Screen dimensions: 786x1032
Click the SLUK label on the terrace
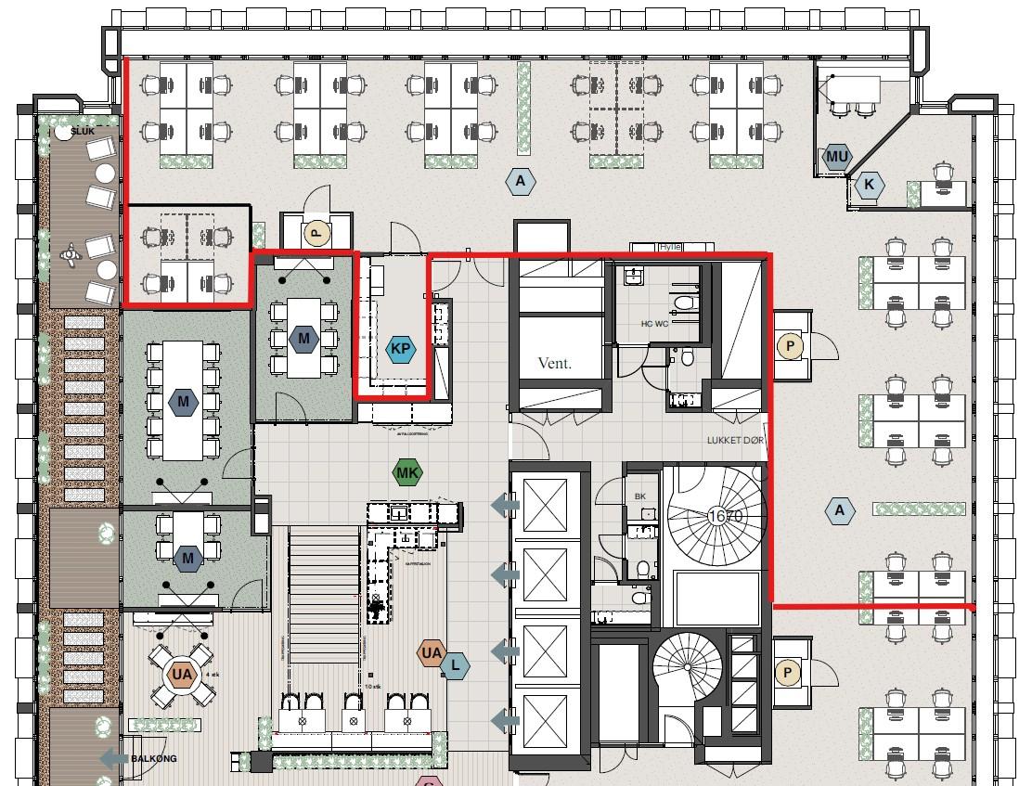tap(84, 131)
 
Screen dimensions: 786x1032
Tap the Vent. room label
tap(555, 364)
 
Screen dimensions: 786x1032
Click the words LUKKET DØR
tap(737, 441)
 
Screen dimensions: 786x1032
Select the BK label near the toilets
tap(640, 497)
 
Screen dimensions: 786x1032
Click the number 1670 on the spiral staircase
tap(726, 516)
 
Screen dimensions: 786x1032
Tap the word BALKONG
tap(153, 758)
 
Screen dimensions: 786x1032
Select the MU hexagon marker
tap(837, 157)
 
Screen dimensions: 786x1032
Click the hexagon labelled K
tap(869, 185)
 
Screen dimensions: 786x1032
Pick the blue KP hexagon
tap(401, 349)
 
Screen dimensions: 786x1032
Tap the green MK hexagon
tap(407, 473)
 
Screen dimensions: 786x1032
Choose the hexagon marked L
tap(455, 665)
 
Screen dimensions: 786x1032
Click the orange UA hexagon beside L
tap(432, 653)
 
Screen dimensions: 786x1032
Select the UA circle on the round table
tap(182, 675)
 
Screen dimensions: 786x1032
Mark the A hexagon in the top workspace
tap(521, 181)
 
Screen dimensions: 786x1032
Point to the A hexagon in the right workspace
tap(840, 509)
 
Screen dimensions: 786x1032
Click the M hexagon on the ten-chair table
tap(184, 402)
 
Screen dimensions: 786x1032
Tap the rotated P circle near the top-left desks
tap(316, 233)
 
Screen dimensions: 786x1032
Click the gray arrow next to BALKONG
tap(113, 758)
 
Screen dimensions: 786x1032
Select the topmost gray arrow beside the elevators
tap(505, 505)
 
